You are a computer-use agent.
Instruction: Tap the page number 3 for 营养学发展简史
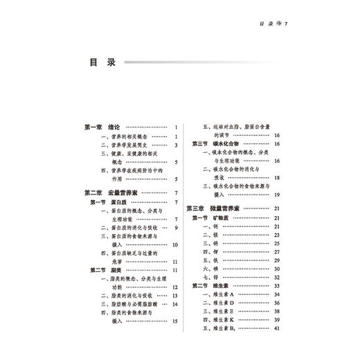tap(177, 145)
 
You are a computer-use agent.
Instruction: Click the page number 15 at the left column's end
tap(175, 321)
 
